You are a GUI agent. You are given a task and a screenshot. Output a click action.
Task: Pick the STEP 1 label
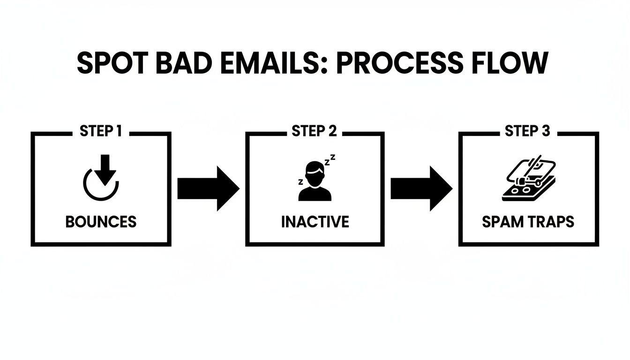tap(101, 131)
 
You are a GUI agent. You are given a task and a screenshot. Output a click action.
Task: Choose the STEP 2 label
tap(314, 131)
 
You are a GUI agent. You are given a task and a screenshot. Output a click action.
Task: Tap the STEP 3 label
tap(527, 131)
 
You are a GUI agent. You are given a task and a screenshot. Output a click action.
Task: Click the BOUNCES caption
tap(101, 221)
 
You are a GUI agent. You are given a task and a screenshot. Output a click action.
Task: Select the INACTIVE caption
tap(315, 221)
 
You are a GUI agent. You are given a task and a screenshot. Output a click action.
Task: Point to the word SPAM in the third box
tap(502, 221)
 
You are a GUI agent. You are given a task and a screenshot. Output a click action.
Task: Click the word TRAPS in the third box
tap(551, 221)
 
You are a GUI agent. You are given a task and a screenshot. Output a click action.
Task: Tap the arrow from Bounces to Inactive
tap(208, 188)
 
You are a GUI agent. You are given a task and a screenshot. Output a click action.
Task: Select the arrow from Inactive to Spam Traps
tap(421, 188)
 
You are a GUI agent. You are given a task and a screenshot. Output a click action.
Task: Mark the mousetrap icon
tap(529, 180)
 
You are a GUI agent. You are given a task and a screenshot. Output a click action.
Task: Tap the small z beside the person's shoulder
tap(300, 181)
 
